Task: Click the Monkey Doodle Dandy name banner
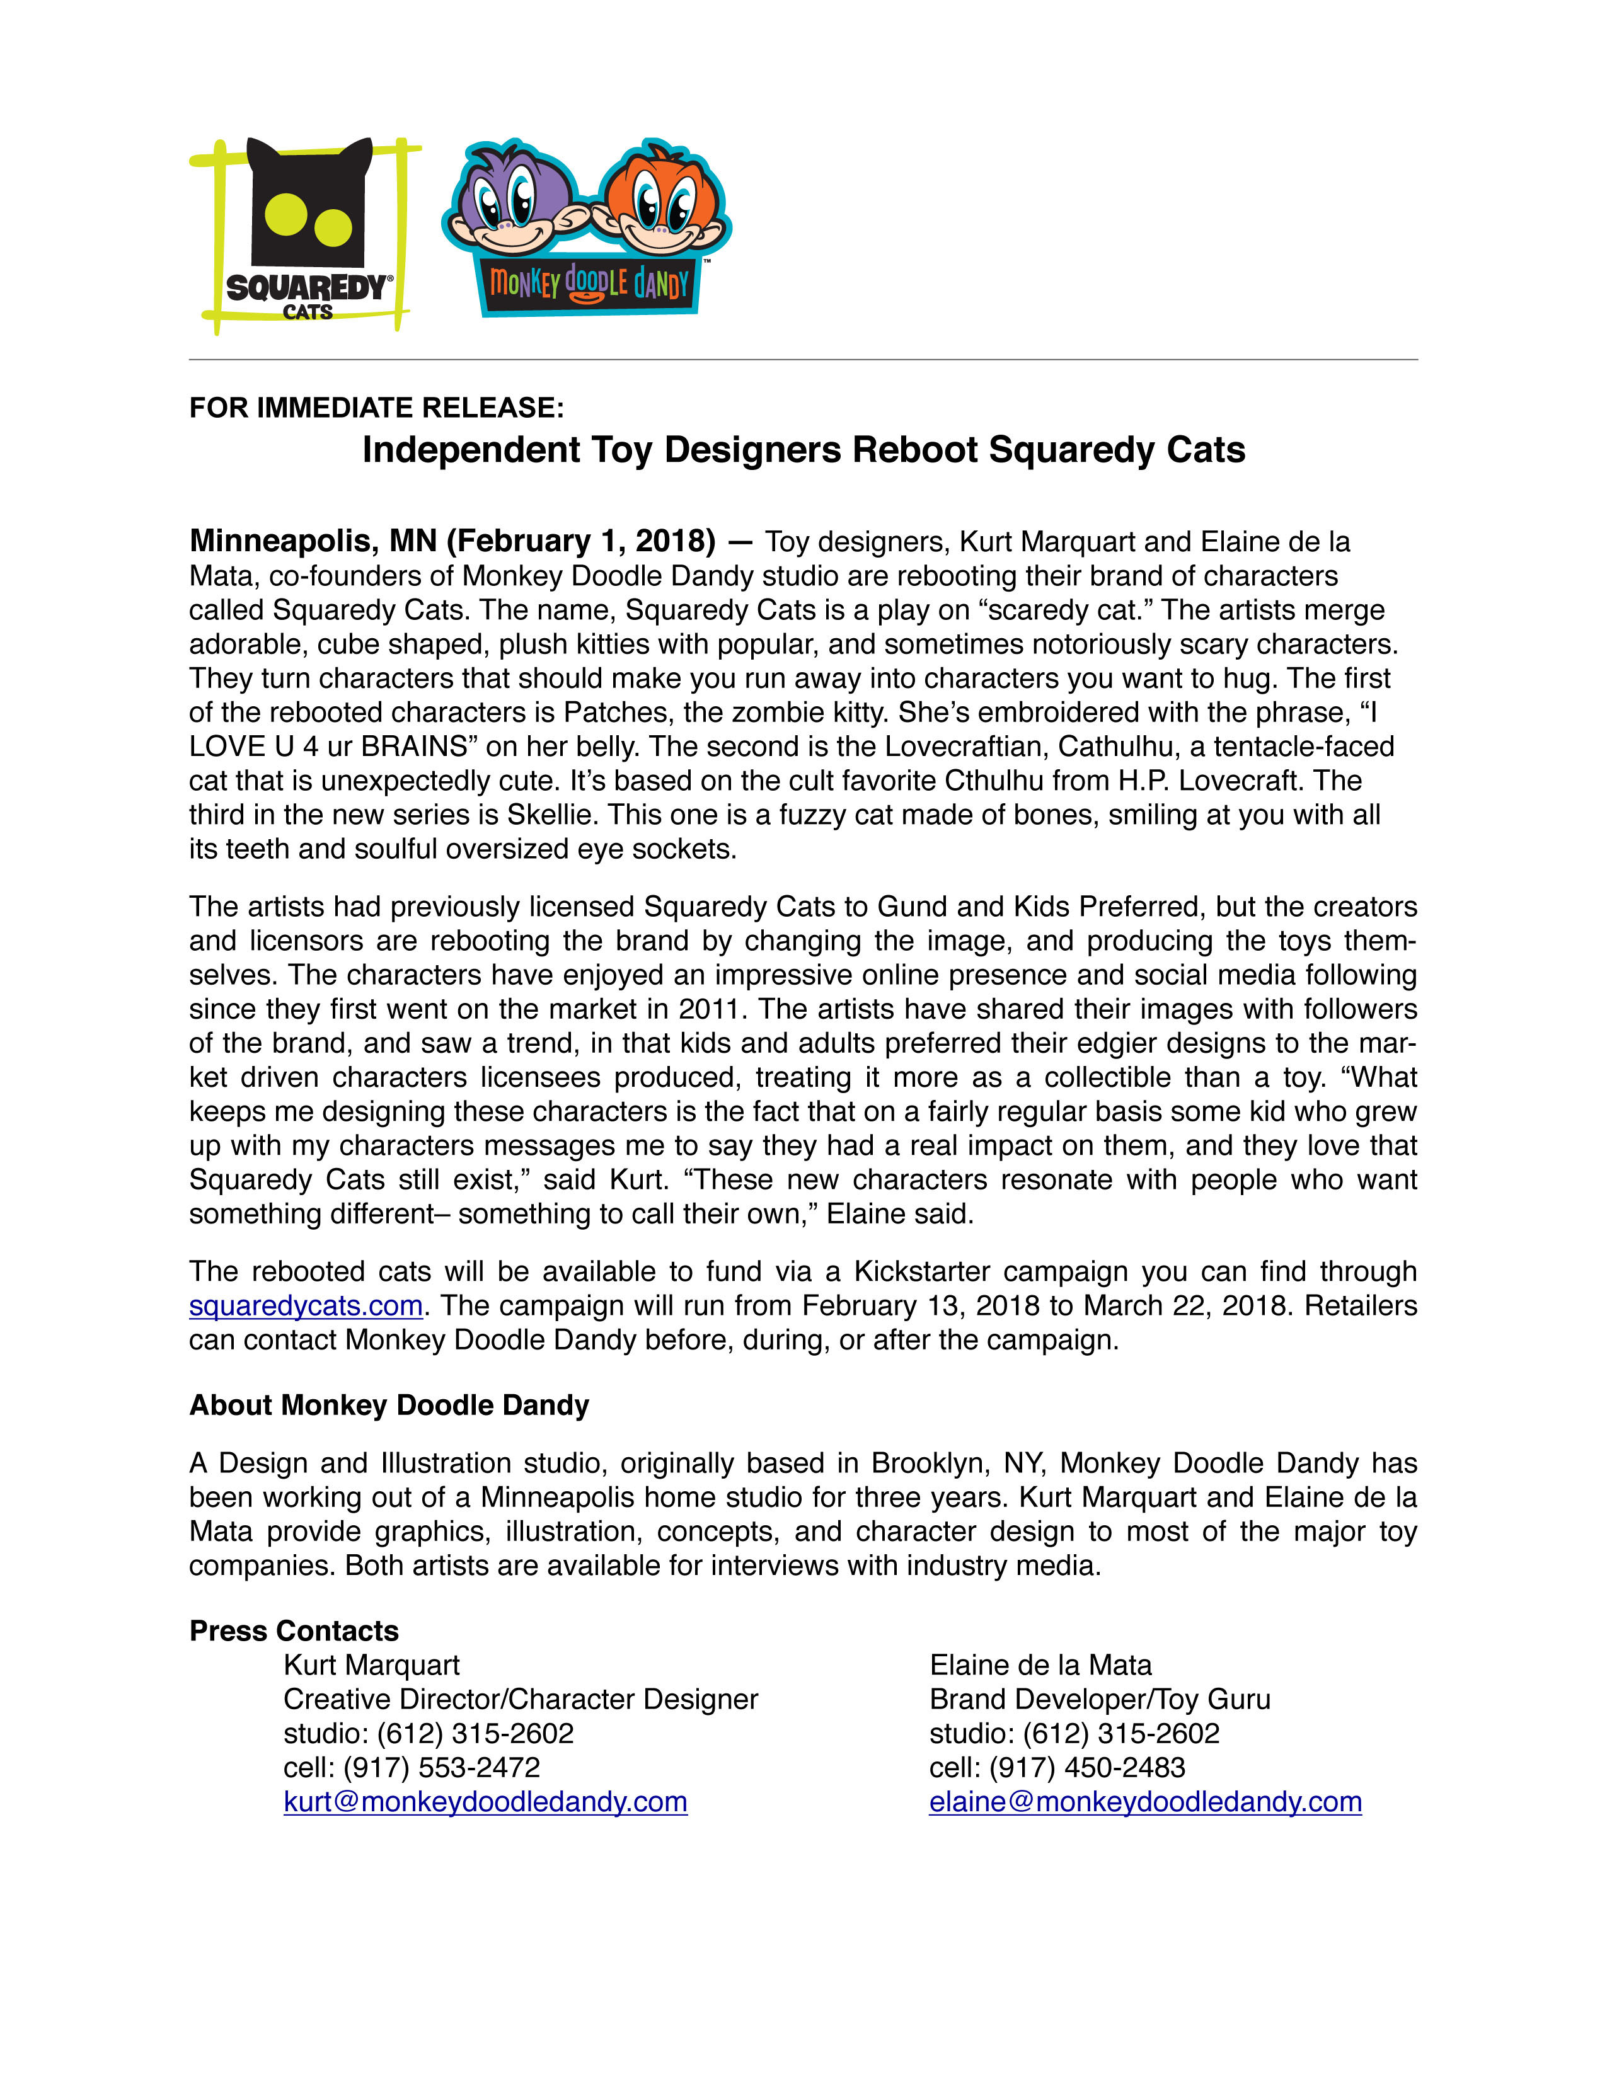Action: click(589, 283)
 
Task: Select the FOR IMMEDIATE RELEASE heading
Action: click(376, 408)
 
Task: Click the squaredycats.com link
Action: click(306, 1305)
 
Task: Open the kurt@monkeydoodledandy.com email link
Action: click(485, 1801)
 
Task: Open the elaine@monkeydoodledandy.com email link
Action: click(1144, 1801)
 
